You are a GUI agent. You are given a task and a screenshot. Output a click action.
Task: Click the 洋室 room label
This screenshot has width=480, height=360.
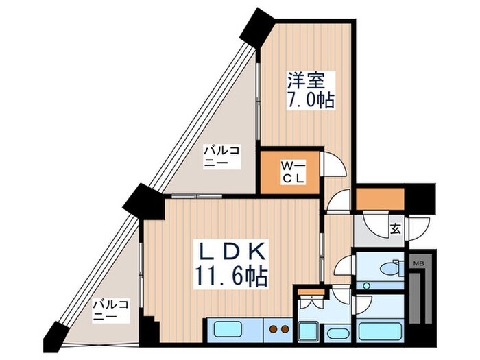tap(303, 80)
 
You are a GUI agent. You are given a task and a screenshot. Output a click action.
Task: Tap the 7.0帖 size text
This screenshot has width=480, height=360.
tap(310, 100)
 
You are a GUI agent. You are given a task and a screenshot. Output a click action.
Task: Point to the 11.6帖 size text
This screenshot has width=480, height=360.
tap(230, 276)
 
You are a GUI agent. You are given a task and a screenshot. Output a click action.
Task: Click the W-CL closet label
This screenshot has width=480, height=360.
tap(289, 171)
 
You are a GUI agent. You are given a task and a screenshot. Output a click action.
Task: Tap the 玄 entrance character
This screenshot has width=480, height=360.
tap(396, 229)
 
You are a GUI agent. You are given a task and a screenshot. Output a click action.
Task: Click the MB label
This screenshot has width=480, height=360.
tap(417, 263)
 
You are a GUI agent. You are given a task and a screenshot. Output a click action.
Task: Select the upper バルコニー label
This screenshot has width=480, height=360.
tap(216, 156)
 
